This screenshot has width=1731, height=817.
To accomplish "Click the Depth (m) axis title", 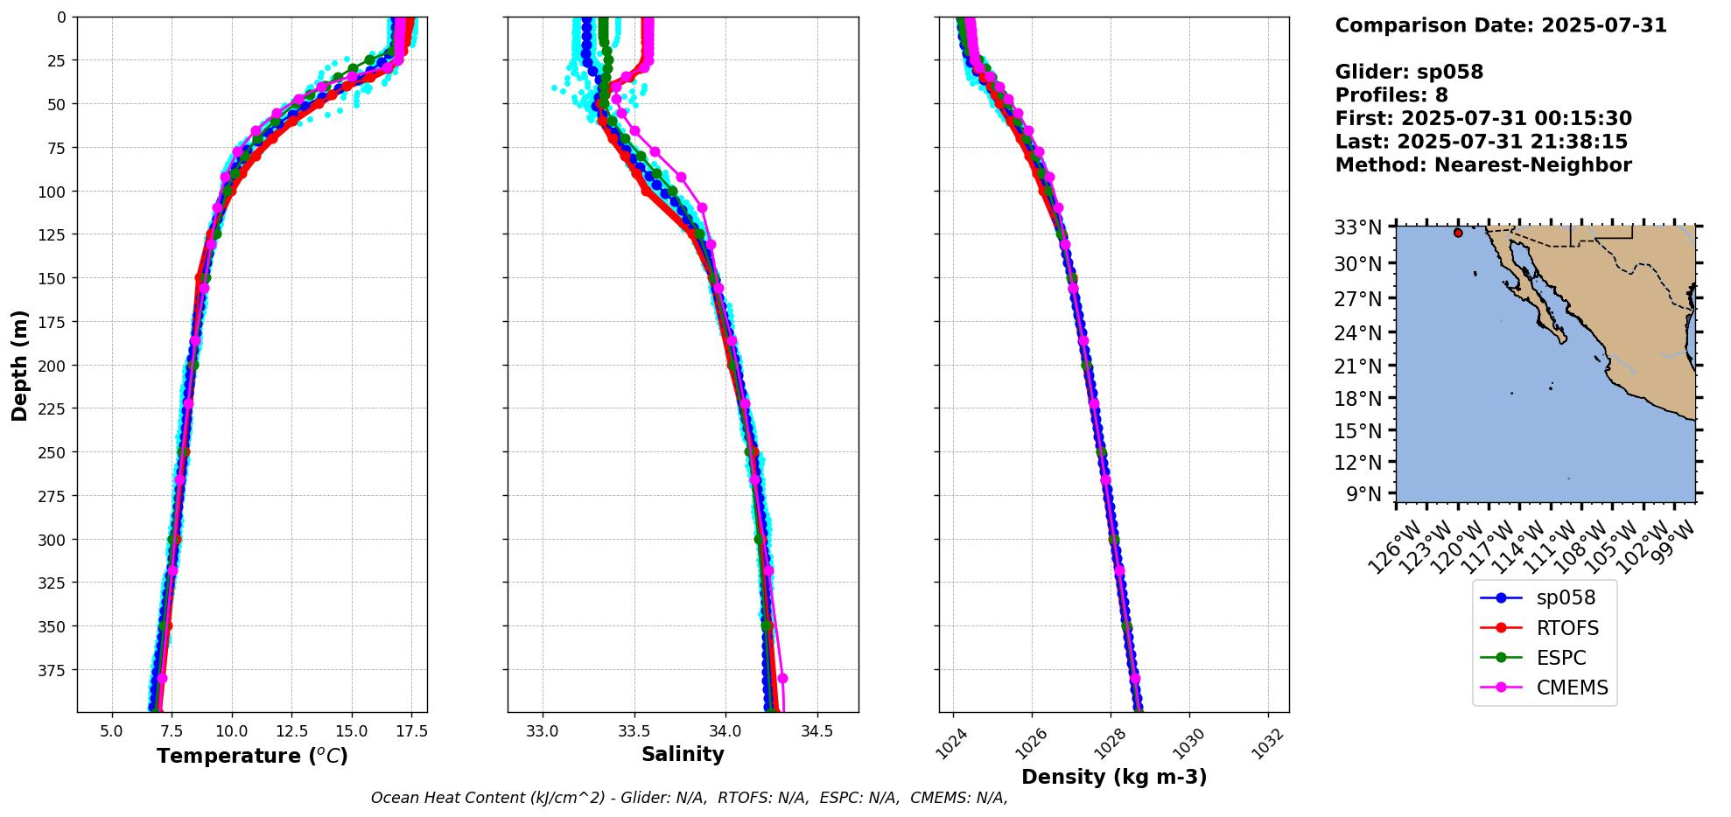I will [x=19, y=365].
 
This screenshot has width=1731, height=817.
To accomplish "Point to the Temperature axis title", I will [x=252, y=756].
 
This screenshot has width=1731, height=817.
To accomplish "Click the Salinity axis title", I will [x=683, y=755].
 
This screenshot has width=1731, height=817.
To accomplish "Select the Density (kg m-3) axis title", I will [x=1114, y=777].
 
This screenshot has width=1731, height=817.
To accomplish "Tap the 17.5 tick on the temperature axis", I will [x=411, y=731].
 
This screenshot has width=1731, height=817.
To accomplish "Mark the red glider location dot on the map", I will [x=1458, y=233].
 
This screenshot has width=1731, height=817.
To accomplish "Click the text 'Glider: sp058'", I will [x=1409, y=73].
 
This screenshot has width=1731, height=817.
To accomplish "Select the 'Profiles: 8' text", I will [x=1391, y=95].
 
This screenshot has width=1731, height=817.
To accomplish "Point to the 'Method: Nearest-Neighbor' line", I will [x=1483, y=165].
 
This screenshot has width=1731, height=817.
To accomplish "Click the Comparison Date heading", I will [x=1501, y=25].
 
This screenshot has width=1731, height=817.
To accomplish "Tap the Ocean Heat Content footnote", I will [x=689, y=798].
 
